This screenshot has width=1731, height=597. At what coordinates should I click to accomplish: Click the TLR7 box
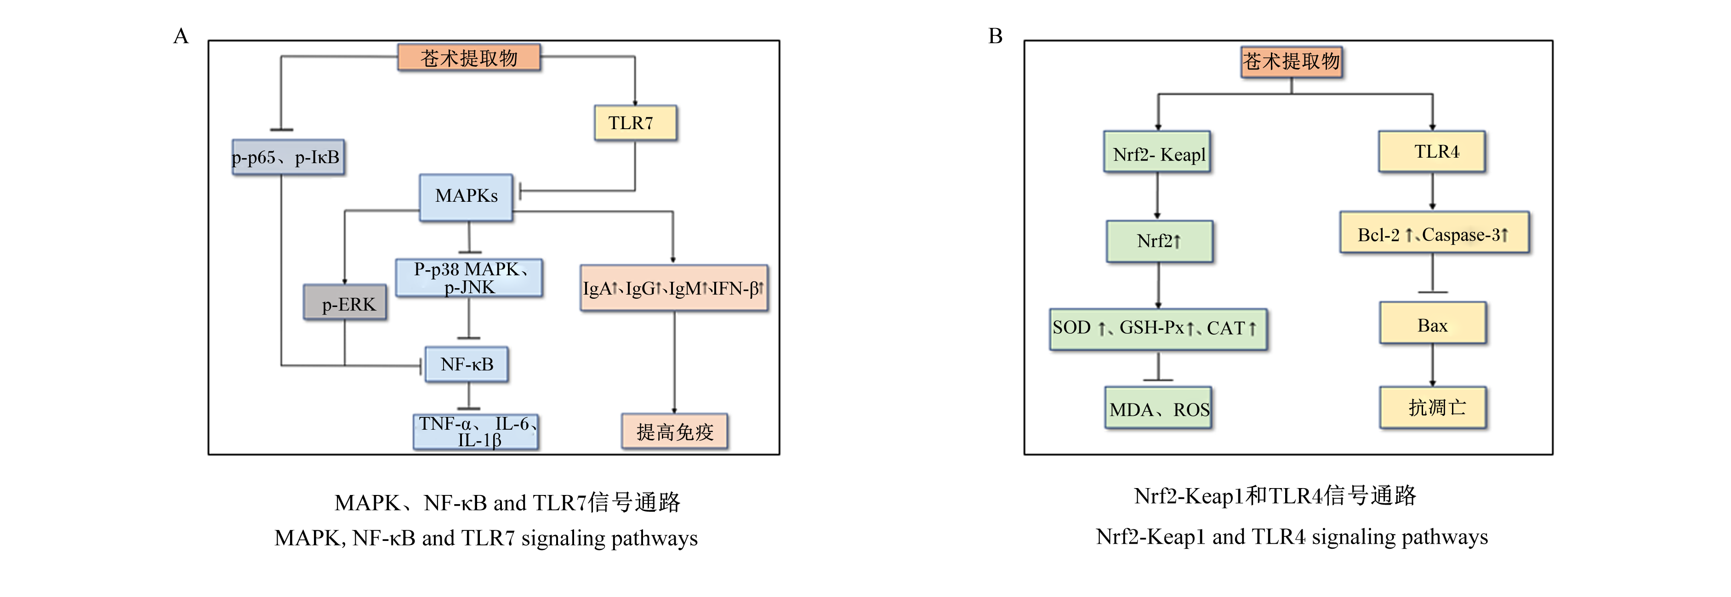pyautogui.click(x=635, y=123)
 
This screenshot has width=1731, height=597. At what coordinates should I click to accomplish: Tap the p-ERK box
pyautogui.click(x=345, y=302)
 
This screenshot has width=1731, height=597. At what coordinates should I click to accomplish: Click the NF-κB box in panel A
pyautogui.click(x=467, y=364)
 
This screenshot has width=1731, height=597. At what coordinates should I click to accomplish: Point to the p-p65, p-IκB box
pyautogui.click(x=288, y=157)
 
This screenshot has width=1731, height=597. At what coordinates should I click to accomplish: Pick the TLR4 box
pyautogui.click(x=1432, y=152)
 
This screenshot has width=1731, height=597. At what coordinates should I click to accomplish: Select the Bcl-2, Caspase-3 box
pyautogui.click(x=1434, y=233)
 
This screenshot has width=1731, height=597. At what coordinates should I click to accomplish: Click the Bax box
pyautogui.click(x=1433, y=323)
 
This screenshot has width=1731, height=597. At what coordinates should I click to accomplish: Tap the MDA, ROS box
pyautogui.click(x=1158, y=408)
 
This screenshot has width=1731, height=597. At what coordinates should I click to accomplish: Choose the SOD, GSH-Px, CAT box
pyautogui.click(x=1158, y=329)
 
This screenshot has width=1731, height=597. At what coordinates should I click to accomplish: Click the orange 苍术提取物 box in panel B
pyautogui.click(x=1292, y=62)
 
